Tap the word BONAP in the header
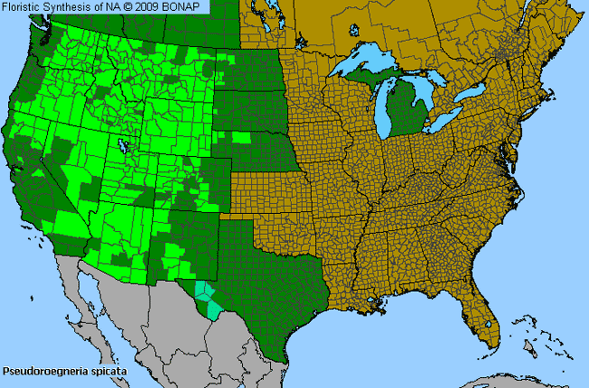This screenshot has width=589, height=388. [189, 6]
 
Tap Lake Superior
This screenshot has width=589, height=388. [372, 64]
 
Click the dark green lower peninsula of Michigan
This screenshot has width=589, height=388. [404, 109]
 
